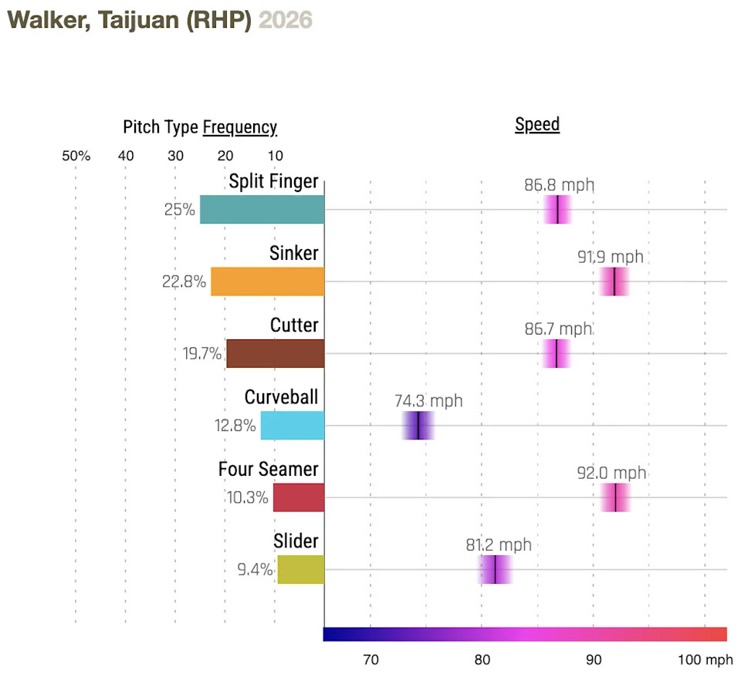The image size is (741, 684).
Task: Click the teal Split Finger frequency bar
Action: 262,210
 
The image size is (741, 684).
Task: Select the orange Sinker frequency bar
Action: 267,281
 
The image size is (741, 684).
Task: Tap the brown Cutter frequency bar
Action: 275,353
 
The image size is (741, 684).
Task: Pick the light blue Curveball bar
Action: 292,425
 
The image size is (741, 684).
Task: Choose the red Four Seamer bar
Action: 298,497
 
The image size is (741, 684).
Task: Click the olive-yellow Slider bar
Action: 300,569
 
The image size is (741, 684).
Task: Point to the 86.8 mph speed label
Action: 560,185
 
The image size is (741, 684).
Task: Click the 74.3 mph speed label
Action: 428,401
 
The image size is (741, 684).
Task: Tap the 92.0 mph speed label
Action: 611,473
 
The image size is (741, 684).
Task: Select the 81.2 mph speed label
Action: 499,544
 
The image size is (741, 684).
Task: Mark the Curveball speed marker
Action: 418,426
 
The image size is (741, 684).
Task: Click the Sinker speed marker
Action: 614,281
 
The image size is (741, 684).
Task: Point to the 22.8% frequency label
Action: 184,281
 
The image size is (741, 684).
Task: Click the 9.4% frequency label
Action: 255,570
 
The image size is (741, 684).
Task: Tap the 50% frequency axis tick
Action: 76,156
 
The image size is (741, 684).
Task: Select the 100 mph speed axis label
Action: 705,660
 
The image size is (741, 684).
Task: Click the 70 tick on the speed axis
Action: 370,660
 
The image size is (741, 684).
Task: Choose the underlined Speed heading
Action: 537,125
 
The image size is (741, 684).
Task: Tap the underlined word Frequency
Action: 239,127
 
